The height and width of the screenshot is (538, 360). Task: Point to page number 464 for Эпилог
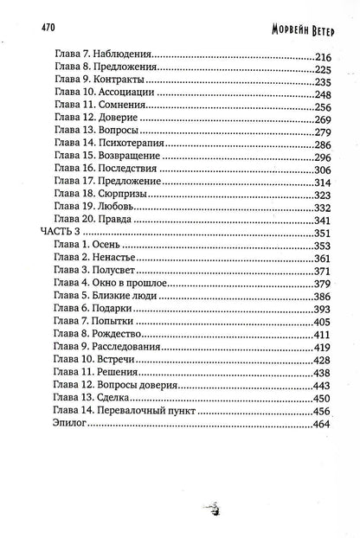[x=321, y=425]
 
